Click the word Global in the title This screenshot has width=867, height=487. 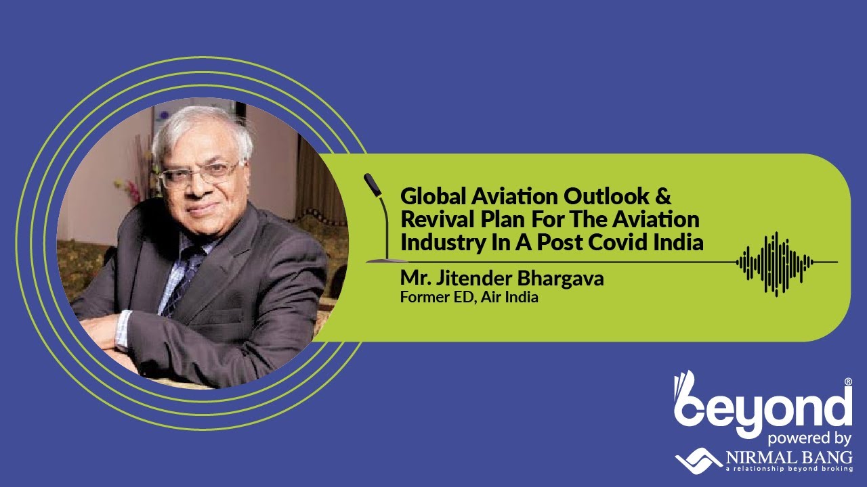[431, 197]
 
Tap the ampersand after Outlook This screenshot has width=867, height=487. [662, 197]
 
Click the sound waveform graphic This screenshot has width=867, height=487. [776, 262]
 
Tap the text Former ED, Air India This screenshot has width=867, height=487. [469, 296]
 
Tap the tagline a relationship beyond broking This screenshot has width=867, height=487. [788, 468]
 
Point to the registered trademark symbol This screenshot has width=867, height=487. [848, 382]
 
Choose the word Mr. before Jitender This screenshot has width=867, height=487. [412, 279]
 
